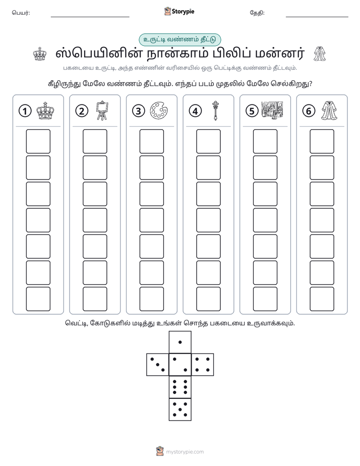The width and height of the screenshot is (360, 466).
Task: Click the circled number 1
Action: pyautogui.click(x=25, y=111)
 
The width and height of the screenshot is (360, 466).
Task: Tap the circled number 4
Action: pyautogui.click(x=195, y=111)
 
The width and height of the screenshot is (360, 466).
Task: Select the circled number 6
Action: pyautogui.click(x=309, y=111)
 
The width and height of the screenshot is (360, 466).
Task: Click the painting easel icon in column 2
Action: pyautogui.click(x=102, y=110)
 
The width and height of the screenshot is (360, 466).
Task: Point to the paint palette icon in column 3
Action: pyautogui.click(x=159, y=111)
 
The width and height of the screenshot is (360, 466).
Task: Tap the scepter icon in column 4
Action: pyautogui.click(x=215, y=110)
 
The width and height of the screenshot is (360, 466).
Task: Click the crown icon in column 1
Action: pyautogui.click(x=45, y=111)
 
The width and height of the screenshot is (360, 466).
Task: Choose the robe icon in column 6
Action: pyautogui.click(x=329, y=110)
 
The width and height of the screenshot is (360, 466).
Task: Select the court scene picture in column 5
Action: pyautogui.click(x=272, y=110)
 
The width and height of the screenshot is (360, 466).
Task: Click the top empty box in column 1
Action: pyautogui.click(x=38, y=141)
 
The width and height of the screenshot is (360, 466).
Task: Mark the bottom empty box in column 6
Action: pyautogui.click(x=322, y=299)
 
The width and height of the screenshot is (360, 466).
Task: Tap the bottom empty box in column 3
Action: pyautogui.click(x=151, y=299)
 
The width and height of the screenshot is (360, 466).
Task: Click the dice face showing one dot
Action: pyautogui.click(x=180, y=342)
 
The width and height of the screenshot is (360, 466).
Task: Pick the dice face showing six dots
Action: pyautogui.click(x=180, y=387)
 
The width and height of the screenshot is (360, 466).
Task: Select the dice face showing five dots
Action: pyautogui.click(x=180, y=410)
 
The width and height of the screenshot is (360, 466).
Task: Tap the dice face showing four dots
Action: pyautogui.click(x=203, y=365)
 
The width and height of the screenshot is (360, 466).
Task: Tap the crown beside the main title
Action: pyautogui.click(x=40, y=54)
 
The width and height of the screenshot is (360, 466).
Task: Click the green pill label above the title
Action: pyautogui.click(x=180, y=40)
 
